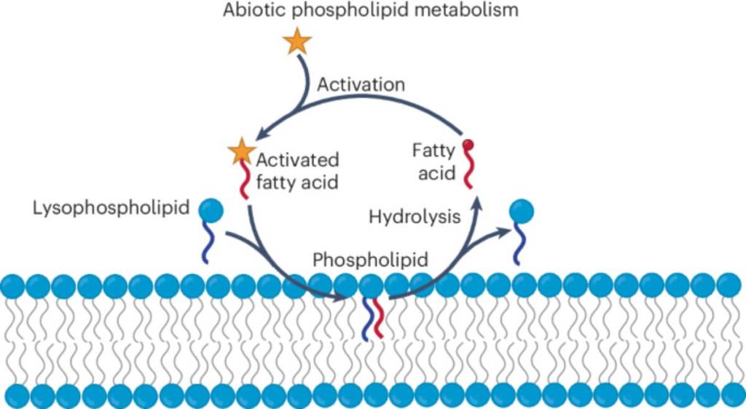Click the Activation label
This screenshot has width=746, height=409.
tap(361, 84)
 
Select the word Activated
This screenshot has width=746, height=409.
tap(297, 159)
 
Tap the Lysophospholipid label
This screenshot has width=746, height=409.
tap(111, 209)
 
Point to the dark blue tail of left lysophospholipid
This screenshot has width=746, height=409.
tap(210, 243)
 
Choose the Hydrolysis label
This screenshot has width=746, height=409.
tap(415, 216)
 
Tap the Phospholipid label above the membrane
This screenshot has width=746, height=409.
tap(369, 260)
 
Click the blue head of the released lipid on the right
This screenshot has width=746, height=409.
tap(521, 212)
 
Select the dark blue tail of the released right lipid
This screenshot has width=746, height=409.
tap(519, 244)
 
